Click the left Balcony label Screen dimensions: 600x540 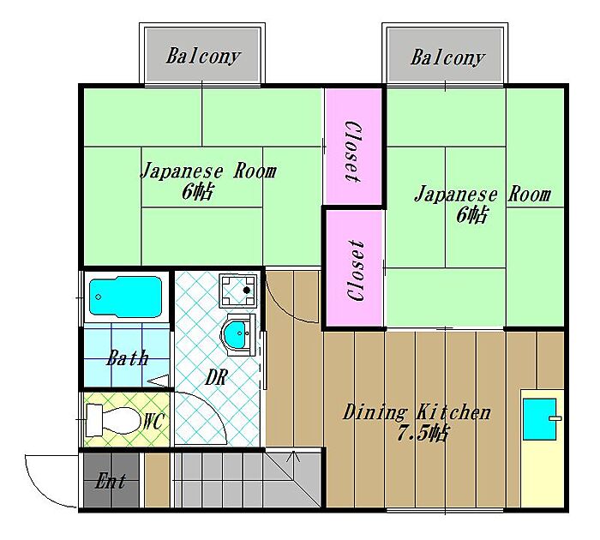point(203,57)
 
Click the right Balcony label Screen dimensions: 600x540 point(447,57)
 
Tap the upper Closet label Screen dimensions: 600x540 point(353,152)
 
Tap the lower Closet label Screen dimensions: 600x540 point(355,271)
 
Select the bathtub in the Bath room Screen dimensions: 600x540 point(125,297)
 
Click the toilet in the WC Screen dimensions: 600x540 point(113,420)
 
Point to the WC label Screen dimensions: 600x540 point(154,421)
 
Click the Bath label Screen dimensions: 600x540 point(127,357)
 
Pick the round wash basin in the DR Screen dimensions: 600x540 point(237,334)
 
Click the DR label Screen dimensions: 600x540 point(217,377)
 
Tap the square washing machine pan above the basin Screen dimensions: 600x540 point(238,291)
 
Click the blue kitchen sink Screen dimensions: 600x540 point(540,419)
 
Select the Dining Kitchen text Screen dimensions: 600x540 point(417,412)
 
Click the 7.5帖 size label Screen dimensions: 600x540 point(422,434)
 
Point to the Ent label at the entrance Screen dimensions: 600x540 point(111,481)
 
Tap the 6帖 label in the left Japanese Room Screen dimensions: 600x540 point(197,192)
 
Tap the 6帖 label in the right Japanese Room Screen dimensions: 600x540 point(471,214)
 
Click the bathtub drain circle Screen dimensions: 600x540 point(99,297)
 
